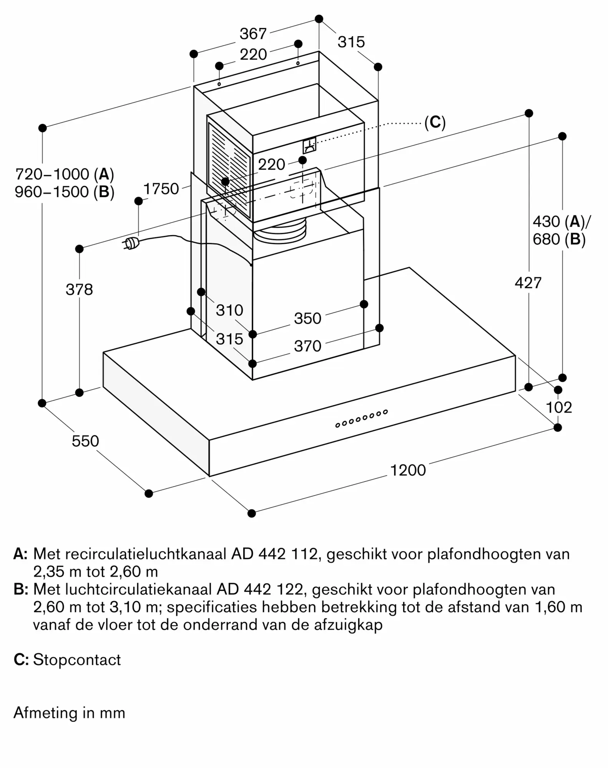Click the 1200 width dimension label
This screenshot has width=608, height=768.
point(408,470)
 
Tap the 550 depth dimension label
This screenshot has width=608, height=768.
point(85,441)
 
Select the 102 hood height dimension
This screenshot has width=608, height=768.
point(559,407)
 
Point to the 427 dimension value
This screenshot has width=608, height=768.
point(528,283)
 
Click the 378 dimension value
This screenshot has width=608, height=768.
point(79,290)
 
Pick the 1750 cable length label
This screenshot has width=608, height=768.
point(161,189)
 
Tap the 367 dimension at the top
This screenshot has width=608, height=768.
point(253,34)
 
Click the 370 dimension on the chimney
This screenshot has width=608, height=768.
point(307,346)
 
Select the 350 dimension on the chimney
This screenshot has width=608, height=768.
point(307,318)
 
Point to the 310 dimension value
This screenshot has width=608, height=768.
point(229,310)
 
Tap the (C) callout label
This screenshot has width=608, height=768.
point(435,122)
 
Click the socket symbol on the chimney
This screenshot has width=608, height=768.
point(309,145)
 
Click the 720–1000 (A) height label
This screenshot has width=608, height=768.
point(65,174)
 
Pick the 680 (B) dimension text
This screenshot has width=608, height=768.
point(559,239)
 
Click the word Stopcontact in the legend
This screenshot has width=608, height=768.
point(77,660)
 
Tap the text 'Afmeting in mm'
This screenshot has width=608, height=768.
point(70,713)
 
